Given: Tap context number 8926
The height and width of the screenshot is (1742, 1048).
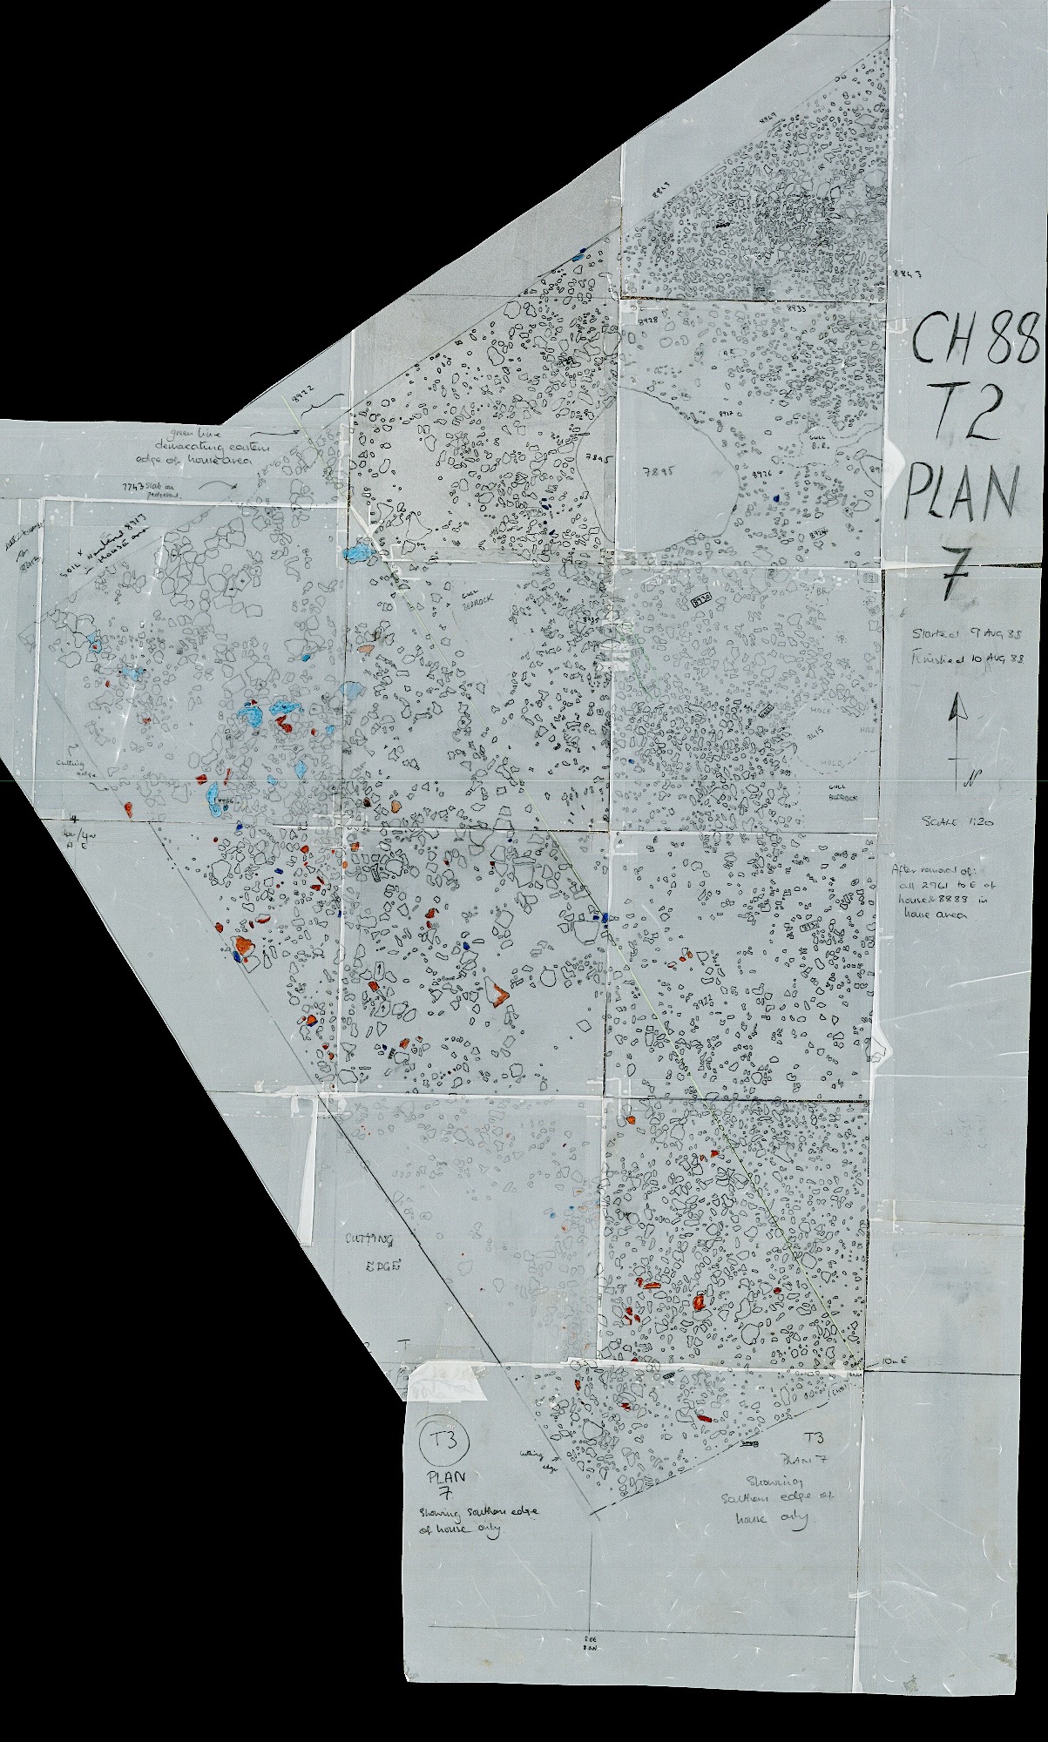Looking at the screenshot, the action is tap(764, 474).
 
